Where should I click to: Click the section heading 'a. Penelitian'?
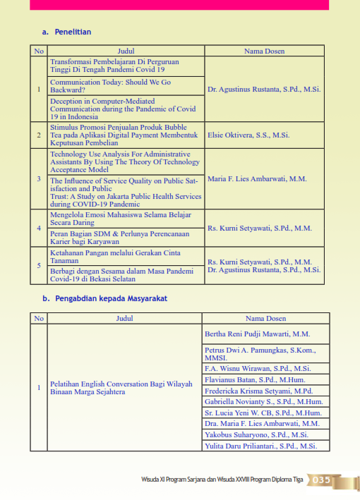(x=67, y=32)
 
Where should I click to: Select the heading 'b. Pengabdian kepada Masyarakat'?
(x=104, y=298)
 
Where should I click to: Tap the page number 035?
(x=321, y=480)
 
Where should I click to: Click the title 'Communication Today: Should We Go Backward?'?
(x=110, y=86)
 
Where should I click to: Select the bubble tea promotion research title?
(x=120, y=134)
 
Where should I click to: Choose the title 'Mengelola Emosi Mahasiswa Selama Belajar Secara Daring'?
(x=115, y=219)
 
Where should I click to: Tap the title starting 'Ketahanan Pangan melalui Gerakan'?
(x=115, y=257)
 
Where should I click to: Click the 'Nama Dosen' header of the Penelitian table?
(x=264, y=51)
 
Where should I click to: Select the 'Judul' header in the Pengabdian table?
(x=124, y=318)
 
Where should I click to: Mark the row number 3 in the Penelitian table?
(x=39, y=178)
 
